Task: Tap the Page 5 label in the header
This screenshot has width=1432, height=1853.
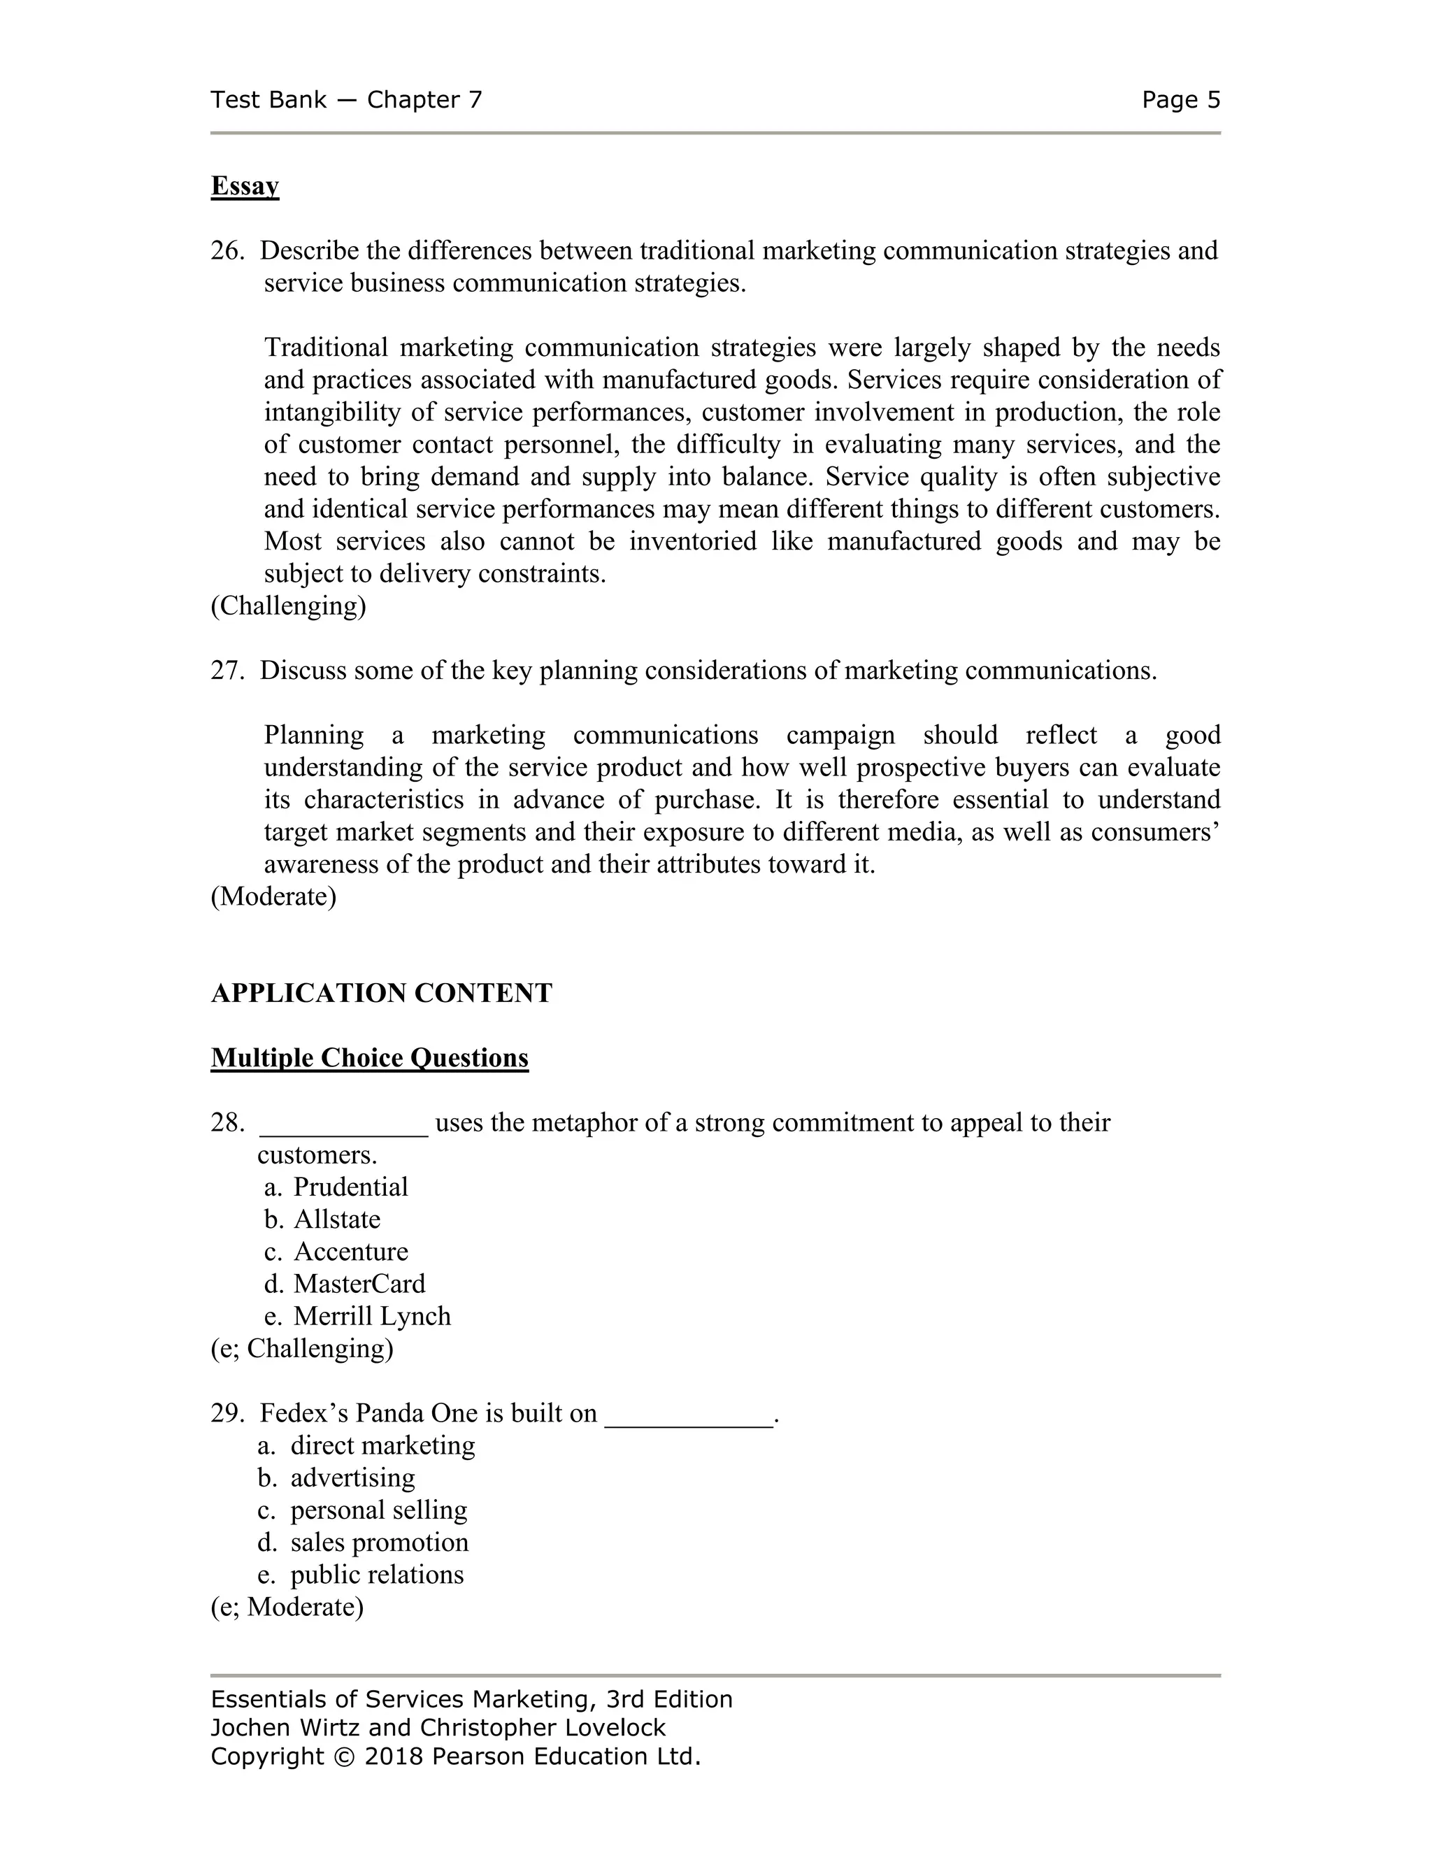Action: pos(1180,100)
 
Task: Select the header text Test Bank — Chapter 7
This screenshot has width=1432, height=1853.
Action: pos(346,100)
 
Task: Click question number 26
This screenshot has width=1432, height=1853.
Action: pos(227,251)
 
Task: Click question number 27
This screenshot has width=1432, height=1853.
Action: pos(227,671)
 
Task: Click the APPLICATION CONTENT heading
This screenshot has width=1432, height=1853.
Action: pos(381,993)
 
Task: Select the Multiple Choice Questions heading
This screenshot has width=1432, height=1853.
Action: pos(369,1058)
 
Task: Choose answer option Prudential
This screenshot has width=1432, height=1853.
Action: pos(350,1187)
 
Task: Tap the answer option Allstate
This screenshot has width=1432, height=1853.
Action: pos(337,1219)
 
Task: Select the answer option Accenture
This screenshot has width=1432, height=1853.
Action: pos(350,1252)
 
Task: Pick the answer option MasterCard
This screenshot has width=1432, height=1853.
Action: pos(359,1284)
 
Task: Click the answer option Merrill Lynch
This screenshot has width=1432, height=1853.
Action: pos(371,1316)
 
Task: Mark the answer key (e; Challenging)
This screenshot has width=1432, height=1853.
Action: pos(302,1348)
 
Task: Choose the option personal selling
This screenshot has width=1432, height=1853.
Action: pos(378,1510)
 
